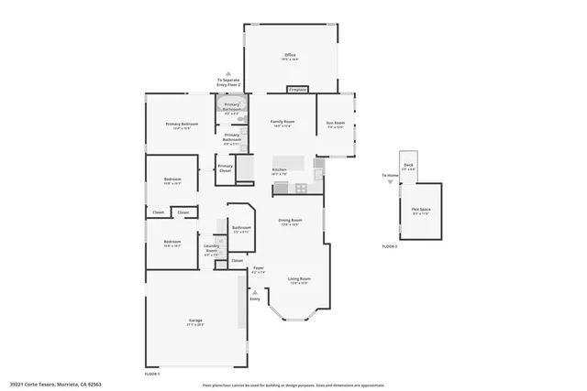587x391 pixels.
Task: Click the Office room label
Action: tap(290, 56)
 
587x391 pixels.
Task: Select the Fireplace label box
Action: tap(297, 90)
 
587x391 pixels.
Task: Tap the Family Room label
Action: tap(282, 123)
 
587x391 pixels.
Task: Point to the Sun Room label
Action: tap(336, 124)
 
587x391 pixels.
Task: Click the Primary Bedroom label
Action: tap(182, 125)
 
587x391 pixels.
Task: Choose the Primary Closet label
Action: tap(225, 168)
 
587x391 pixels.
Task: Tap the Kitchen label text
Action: tap(281, 170)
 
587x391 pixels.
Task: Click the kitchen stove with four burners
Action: tap(300, 188)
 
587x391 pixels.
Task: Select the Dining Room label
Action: tap(290, 221)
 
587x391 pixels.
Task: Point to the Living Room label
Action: tap(300, 279)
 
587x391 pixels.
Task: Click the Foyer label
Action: tap(259, 269)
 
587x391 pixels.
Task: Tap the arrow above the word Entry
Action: tap(255, 292)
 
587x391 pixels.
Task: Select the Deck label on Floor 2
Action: tap(408, 166)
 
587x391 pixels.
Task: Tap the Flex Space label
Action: tap(422, 210)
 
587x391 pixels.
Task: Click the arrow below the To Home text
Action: tap(391, 182)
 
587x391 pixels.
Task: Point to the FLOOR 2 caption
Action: tap(390, 247)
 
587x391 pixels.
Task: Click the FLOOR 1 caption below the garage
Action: tap(152, 374)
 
